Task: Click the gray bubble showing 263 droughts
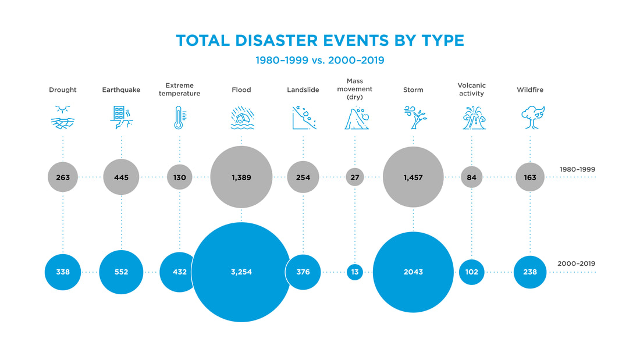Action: (63, 177)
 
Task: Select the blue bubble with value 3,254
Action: (241, 272)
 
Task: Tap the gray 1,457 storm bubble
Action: (413, 177)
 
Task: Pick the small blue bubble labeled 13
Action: (355, 272)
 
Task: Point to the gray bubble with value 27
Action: (355, 177)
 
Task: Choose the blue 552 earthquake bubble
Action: (121, 272)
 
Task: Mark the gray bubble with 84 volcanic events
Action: (471, 177)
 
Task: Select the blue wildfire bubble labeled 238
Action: (530, 272)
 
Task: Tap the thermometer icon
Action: (179, 117)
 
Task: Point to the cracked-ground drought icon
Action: (63, 117)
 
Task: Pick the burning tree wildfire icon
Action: (532, 117)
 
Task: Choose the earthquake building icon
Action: (121, 117)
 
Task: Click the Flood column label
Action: (241, 90)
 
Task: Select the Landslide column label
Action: (303, 90)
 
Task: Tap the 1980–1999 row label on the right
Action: (577, 170)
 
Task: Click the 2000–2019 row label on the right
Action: (577, 264)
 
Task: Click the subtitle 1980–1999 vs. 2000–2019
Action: (319, 60)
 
